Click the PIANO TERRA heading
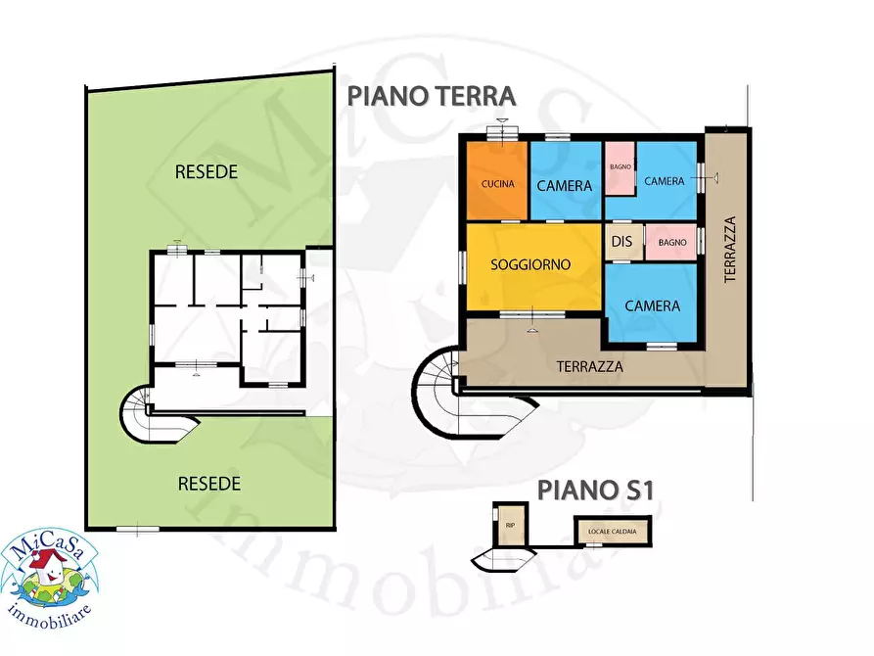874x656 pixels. pyautogui.click(x=432, y=96)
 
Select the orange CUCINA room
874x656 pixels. pyautogui.click(x=497, y=183)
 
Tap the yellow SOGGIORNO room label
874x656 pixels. pyautogui.click(x=531, y=264)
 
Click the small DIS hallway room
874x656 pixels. pyautogui.click(x=621, y=242)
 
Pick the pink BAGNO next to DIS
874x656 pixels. pyautogui.click(x=670, y=242)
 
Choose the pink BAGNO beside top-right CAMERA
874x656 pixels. pyautogui.click(x=620, y=168)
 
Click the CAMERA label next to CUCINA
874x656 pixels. pyautogui.click(x=565, y=185)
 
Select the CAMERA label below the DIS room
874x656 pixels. pyautogui.click(x=652, y=305)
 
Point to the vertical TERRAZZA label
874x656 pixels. pyautogui.click(x=729, y=250)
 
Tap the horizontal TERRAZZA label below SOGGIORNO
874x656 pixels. pyautogui.click(x=590, y=367)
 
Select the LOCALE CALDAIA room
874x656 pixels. pyautogui.click(x=612, y=532)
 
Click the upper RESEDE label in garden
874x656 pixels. pyautogui.click(x=207, y=171)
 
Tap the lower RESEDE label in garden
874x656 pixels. pyautogui.click(x=209, y=483)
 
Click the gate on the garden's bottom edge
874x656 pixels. pyautogui.click(x=137, y=529)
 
